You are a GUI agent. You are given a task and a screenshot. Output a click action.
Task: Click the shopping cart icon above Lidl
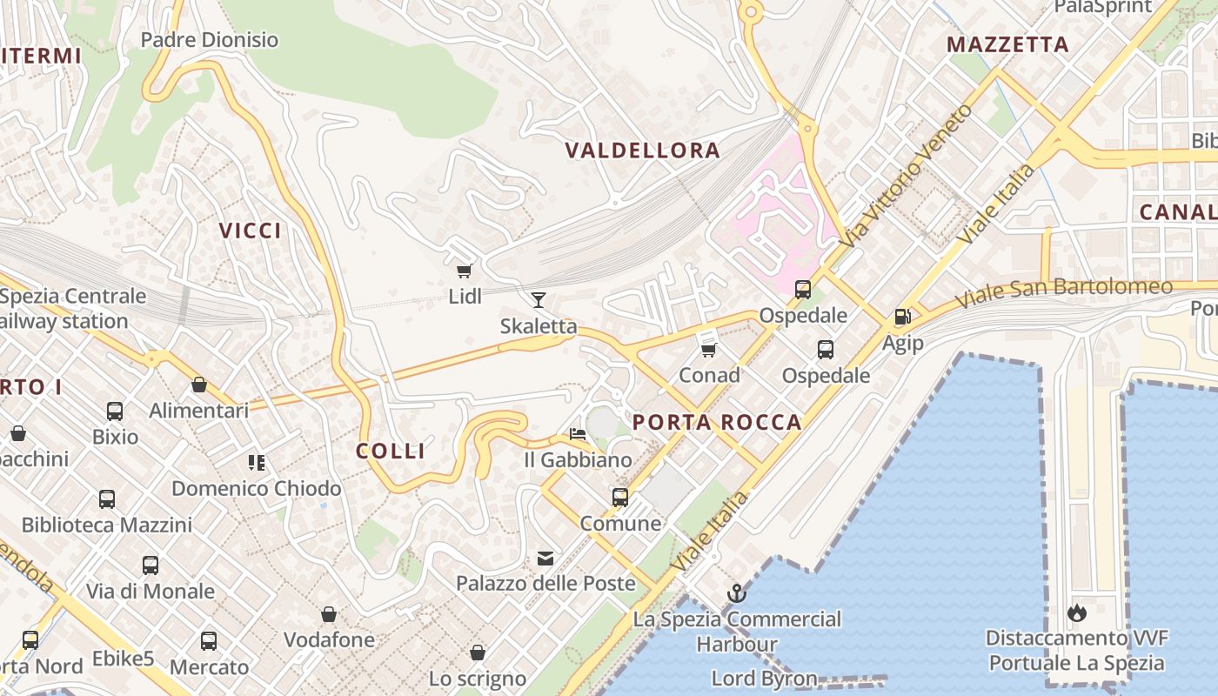[x=465, y=271]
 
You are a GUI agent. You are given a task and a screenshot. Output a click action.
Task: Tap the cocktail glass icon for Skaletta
[x=539, y=300]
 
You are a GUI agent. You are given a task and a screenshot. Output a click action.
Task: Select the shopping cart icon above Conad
[x=709, y=350]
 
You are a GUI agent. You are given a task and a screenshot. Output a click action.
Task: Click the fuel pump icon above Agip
[x=902, y=317]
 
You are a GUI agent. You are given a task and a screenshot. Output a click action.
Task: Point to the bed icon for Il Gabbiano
[x=578, y=433]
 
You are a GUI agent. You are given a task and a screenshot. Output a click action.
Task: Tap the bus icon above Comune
[x=619, y=498]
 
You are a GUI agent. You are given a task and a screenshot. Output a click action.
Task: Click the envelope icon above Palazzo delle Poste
[x=545, y=558]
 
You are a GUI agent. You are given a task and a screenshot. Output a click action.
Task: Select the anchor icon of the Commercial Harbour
[x=737, y=594]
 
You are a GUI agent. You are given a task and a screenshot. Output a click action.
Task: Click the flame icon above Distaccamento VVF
[x=1077, y=612]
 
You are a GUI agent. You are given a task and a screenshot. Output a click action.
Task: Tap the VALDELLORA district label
[x=643, y=151]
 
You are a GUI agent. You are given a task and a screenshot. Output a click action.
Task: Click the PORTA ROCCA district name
[x=717, y=423]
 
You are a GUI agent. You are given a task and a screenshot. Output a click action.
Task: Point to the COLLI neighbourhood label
[x=391, y=451]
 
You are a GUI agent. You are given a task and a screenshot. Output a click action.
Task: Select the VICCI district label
[x=251, y=231]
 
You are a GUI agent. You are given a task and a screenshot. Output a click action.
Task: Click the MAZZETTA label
[x=1007, y=44]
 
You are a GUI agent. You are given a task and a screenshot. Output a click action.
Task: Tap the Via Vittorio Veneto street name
[x=913, y=173]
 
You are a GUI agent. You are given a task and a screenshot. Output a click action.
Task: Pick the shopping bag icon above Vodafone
[x=329, y=615]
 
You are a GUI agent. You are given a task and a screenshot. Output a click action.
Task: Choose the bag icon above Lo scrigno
[x=478, y=652]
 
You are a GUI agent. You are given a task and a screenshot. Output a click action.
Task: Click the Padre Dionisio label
[x=210, y=40]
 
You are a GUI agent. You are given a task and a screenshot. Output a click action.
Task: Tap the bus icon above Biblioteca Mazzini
[x=107, y=499]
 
